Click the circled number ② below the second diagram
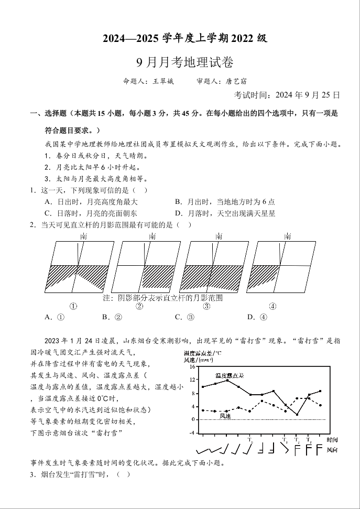[139, 306]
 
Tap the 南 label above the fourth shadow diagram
[287, 236]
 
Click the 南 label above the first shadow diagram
[84, 236]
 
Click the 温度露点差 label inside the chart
[230, 376]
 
